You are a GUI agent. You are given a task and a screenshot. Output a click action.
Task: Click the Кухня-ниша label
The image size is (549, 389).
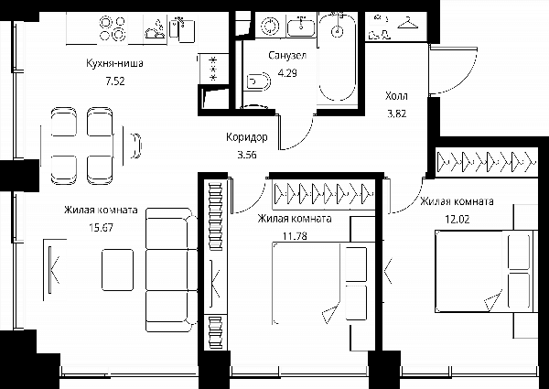114,64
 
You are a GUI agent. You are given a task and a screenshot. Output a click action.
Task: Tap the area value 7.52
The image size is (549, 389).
115,81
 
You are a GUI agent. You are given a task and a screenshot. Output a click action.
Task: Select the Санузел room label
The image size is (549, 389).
287,55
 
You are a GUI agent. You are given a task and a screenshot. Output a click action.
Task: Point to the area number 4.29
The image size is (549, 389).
287,73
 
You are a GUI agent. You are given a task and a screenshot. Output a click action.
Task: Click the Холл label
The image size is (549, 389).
396,96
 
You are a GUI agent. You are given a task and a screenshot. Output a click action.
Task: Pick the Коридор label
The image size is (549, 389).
247,137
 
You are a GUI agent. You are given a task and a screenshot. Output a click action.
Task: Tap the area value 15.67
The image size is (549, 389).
102,228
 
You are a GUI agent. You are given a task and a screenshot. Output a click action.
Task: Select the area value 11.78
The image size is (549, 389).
295,236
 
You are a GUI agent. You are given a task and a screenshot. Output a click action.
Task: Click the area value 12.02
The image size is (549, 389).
457,219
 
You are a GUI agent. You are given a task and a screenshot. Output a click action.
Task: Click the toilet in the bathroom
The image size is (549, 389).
259,82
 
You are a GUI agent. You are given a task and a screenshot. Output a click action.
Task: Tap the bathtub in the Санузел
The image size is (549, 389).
338,57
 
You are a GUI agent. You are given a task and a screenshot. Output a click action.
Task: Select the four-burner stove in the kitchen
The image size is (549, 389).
113,28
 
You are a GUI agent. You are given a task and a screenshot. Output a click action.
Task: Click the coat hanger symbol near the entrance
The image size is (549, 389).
408,23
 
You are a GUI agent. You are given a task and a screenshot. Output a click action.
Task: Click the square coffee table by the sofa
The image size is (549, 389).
118,270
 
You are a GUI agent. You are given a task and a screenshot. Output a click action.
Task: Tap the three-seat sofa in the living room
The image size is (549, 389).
172,270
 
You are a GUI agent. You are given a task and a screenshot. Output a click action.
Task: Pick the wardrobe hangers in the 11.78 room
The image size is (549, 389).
324,193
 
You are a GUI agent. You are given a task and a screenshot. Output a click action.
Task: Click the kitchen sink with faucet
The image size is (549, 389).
182,28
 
